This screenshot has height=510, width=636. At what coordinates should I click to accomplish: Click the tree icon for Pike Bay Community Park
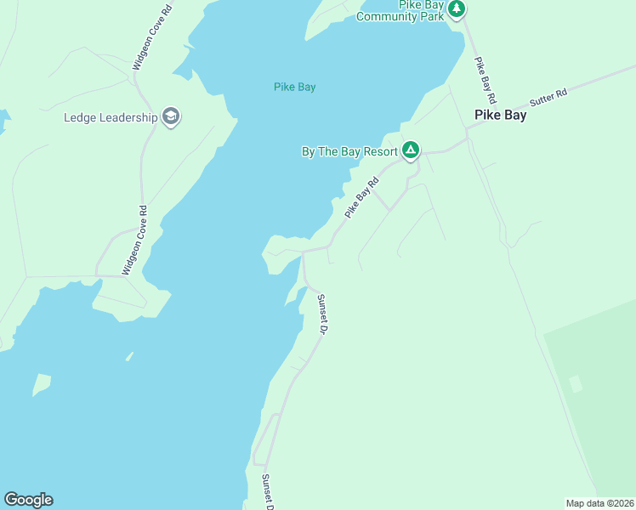[x=457, y=9]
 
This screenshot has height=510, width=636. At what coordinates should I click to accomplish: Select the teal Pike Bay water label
[x=295, y=87]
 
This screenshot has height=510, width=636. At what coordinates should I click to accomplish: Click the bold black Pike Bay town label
[x=500, y=115]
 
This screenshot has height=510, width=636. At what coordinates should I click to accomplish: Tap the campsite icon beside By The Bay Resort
[x=411, y=151]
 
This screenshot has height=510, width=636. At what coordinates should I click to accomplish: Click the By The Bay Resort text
[x=349, y=151]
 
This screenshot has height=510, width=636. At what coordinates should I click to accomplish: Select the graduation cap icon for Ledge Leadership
[x=171, y=117]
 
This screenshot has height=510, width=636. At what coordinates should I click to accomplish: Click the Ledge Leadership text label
[x=111, y=117]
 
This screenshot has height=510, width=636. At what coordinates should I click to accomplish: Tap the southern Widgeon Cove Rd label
[x=135, y=241]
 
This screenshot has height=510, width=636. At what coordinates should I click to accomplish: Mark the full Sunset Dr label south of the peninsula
[x=321, y=313]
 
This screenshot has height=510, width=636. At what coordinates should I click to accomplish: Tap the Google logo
[x=28, y=500]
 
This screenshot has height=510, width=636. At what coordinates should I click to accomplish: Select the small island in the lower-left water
[x=41, y=385]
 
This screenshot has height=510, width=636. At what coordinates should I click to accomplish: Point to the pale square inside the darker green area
[x=576, y=383]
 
